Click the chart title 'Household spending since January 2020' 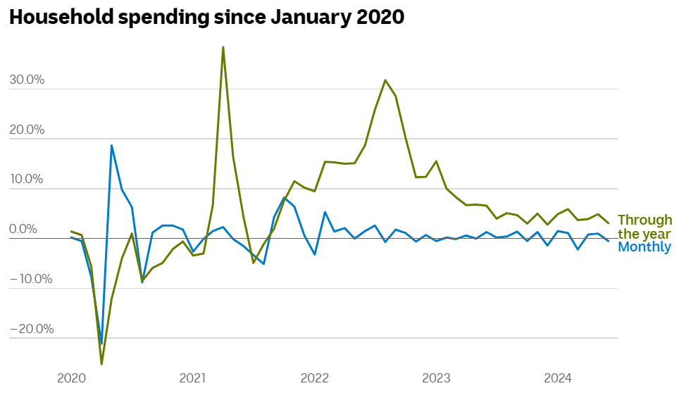click(x=206, y=18)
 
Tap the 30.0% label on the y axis click(x=27, y=80)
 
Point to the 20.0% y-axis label click(x=27, y=130)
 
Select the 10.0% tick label click(x=27, y=180)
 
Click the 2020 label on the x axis click(x=70, y=378)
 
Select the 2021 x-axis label click(x=192, y=378)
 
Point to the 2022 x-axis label click(x=315, y=378)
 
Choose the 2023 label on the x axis click(x=437, y=378)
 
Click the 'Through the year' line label click(x=644, y=227)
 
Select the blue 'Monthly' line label click(x=644, y=247)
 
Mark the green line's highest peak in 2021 click(x=223, y=48)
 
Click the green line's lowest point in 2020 click(x=101, y=363)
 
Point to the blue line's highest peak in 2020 click(x=111, y=146)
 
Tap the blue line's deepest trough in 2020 click(x=101, y=344)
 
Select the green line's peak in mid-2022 click(x=385, y=80)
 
